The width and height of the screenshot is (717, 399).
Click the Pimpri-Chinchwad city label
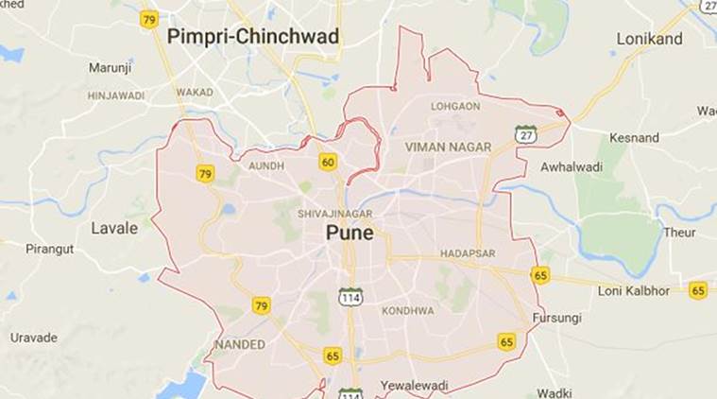point(252,37)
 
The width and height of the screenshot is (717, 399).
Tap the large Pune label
point(350,233)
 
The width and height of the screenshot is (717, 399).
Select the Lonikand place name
point(649,39)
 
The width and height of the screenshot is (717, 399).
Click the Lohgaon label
point(455,107)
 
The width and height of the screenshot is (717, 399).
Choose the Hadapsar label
point(466,254)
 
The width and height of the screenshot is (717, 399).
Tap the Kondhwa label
point(408,310)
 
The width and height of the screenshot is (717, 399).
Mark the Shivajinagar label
point(334,214)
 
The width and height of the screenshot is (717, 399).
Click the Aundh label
point(265,165)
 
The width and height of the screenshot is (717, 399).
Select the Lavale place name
point(114,228)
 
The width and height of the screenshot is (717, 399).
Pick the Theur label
point(679,232)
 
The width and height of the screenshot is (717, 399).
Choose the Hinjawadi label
point(115,95)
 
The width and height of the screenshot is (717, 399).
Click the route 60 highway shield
point(328,162)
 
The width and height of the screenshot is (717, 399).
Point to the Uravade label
point(34,338)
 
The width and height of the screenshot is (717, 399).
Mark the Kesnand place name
point(634,137)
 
